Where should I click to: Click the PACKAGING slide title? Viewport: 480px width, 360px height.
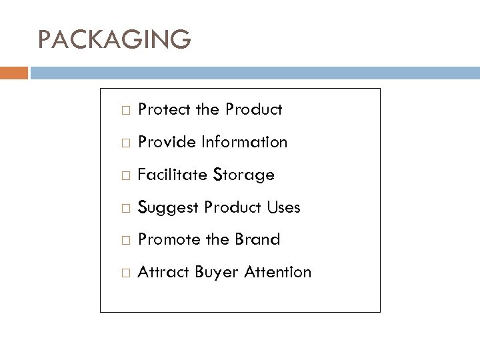point(115,39)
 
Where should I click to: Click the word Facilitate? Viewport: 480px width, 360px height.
point(167,175)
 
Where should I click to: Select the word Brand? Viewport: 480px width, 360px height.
point(257,239)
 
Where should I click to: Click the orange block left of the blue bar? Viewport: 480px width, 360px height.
point(14,73)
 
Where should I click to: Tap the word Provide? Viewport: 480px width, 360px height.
point(164,142)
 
